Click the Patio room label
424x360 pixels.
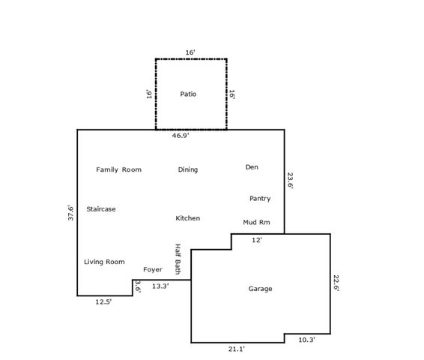pos(188,94)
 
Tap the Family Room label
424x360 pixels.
pos(118,169)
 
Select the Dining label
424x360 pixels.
pos(188,169)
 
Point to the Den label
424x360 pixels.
pos(252,166)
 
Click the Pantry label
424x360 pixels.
pos(260,199)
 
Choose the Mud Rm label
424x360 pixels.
pos(256,222)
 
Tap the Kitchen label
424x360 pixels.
pos(187,218)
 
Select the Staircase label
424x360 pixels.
pos(101,209)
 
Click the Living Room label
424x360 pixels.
pos(104,262)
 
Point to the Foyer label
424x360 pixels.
pos(153,269)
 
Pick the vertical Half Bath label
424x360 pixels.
pos(178,259)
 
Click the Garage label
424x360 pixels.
pos(260,289)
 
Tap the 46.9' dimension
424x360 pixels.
pos(181,136)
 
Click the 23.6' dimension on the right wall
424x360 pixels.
pos(290,182)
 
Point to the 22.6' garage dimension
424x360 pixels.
pos(336,283)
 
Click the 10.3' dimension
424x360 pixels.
pos(306,340)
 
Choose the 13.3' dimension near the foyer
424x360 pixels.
pos(160,286)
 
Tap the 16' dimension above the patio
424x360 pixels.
pos(190,52)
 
